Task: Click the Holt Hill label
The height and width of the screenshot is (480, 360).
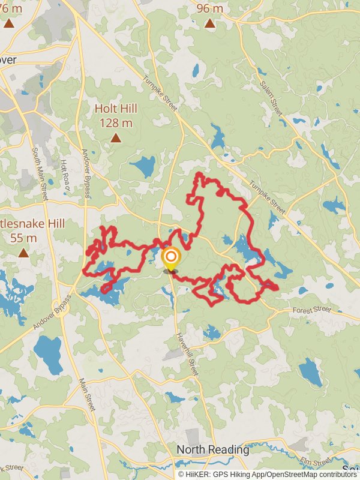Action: click(x=115, y=109)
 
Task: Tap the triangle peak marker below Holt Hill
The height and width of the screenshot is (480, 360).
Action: click(x=115, y=138)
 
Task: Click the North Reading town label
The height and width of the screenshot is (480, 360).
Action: click(x=212, y=449)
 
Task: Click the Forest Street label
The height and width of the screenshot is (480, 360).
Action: click(x=312, y=310)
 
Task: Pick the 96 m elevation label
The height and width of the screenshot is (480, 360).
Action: click(x=209, y=8)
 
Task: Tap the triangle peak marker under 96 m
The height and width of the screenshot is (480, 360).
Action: click(x=209, y=24)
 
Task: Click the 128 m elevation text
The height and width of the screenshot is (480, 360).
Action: click(x=115, y=122)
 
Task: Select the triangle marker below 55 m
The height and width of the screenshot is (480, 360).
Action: click(x=23, y=253)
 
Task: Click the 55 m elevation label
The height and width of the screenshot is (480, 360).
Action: click(x=23, y=238)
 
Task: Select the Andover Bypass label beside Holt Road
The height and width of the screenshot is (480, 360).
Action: click(x=86, y=173)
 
